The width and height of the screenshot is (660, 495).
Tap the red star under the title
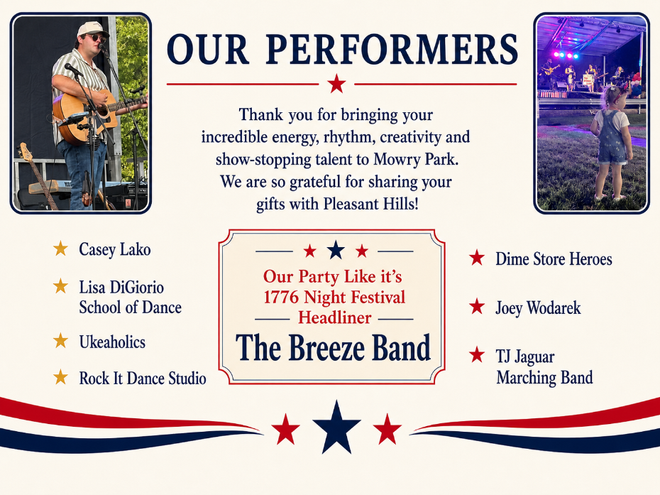[x=336, y=83]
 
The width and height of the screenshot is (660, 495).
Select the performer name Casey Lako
[x=114, y=249]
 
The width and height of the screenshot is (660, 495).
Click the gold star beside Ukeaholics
[x=60, y=340]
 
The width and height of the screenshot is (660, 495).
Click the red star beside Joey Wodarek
[x=477, y=306]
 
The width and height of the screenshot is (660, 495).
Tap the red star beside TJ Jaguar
[x=477, y=354]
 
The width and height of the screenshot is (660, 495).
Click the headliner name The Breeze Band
[x=334, y=347]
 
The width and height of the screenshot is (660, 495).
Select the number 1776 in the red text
[x=282, y=297]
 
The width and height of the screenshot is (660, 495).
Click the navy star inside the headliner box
[x=336, y=250]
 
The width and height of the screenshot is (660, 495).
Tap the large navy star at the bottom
[x=336, y=427]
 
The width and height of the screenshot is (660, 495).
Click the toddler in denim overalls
[x=610, y=141]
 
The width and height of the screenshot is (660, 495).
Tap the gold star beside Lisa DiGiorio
[x=60, y=286]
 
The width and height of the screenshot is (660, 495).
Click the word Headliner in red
[x=335, y=317]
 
